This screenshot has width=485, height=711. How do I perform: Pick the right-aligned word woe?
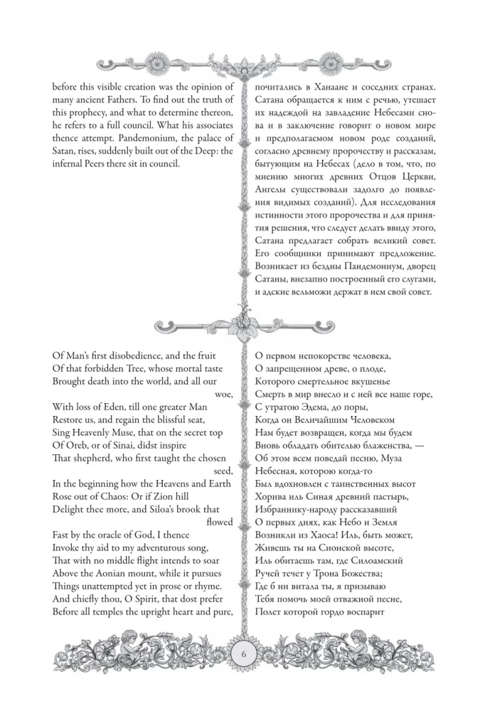click(223, 392)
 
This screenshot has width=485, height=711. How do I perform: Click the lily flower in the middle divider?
click(242, 326)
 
